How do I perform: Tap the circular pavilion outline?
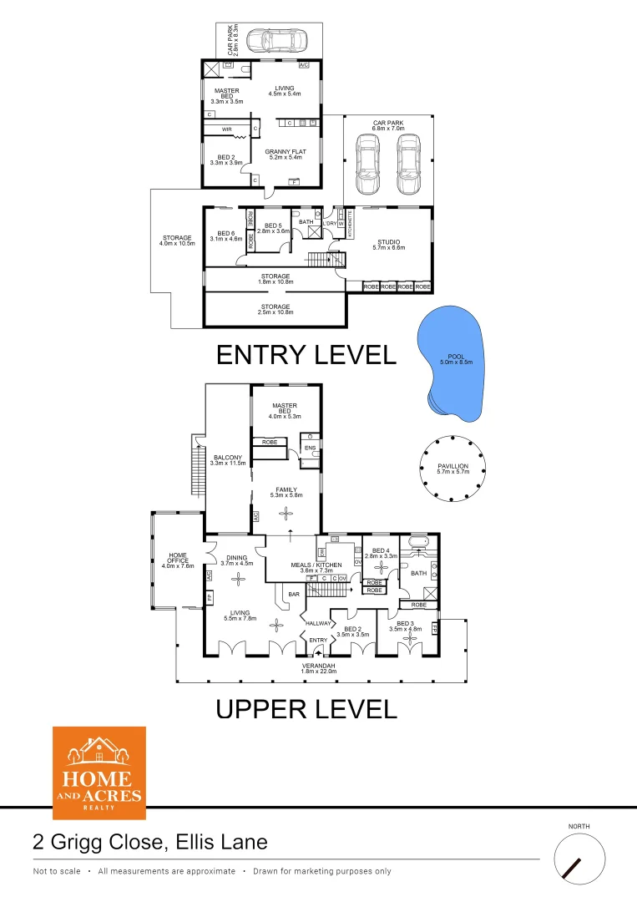click(x=453, y=468)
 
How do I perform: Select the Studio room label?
click(x=388, y=245)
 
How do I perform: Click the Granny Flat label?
click(x=286, y=155)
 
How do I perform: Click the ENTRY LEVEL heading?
click(x=306, y=355)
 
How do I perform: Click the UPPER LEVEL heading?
click(x=306, y=710)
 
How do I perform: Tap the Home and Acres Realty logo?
click(x=99, y=773)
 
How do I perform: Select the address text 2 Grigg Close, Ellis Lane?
click(x=150, y=842)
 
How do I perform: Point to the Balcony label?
click(x=228, y=460)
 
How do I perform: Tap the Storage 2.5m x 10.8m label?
click(x=276, y=309)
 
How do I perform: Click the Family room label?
click(x=286, y=493)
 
